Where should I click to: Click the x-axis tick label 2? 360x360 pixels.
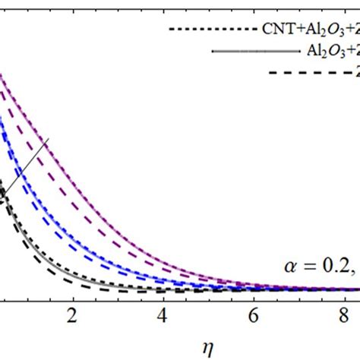click(74, 315)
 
